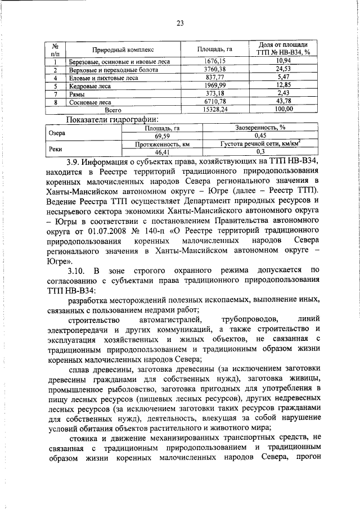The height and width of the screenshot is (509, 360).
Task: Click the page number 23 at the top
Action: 180,23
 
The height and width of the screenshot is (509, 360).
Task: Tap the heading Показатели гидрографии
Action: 112,119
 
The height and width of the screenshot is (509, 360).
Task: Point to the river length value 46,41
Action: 163,152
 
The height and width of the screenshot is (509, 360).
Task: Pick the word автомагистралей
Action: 170,319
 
